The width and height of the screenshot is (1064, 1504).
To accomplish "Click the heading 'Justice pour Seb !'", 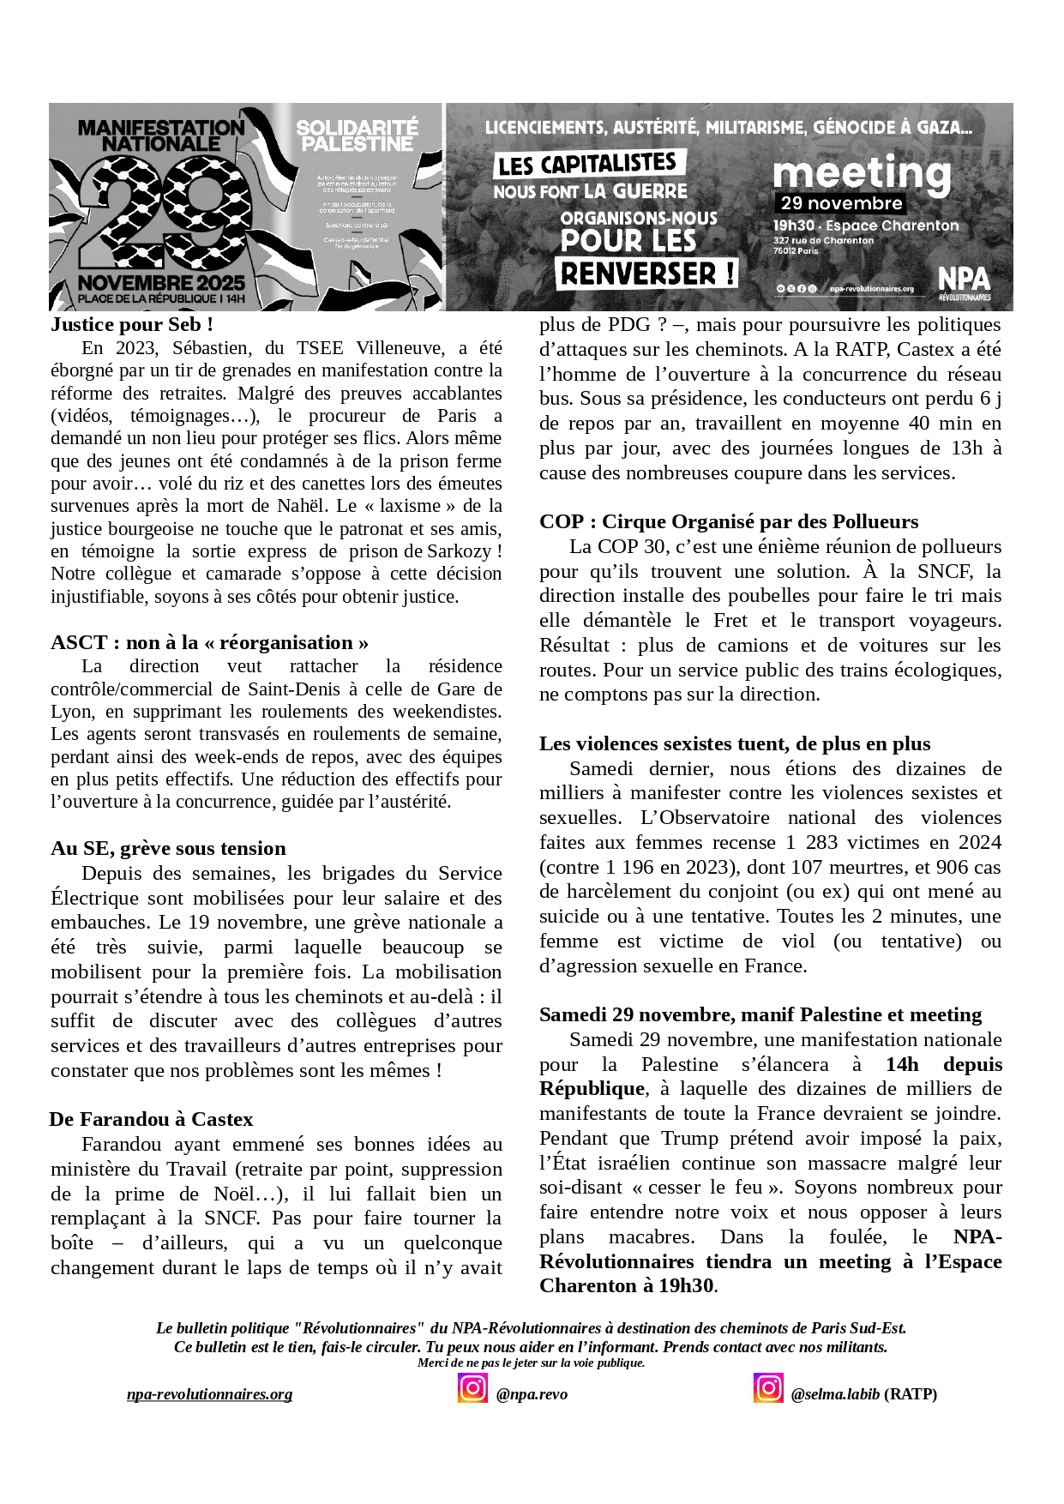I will [x=132, y=324].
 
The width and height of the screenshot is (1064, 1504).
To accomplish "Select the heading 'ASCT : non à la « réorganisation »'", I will [x=209, y=642].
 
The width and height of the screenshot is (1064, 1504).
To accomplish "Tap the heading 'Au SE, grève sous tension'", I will [x=168, y=848].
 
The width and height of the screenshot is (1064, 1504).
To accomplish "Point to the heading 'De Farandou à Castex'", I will [x=151, y=1119].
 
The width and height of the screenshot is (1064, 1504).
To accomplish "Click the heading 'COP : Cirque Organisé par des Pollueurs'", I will [x=728, y=521].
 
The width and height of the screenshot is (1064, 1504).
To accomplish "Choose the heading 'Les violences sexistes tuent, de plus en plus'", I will [x=734, y=743].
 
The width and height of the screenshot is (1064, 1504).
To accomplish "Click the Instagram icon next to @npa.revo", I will [x=472, y=1387].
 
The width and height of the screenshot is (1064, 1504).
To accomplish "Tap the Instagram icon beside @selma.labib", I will [x=768, y=1387].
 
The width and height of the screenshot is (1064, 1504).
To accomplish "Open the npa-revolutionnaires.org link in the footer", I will [x=209, y=1394].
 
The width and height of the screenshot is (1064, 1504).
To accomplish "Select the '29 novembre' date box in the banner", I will [x=841, y=203].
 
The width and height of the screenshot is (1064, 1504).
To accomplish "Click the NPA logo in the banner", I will [x=964, y=281].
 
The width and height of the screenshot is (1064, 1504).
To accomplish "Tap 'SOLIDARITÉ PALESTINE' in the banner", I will [x=357, y=135].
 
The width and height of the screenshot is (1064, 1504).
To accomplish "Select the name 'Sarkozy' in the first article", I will [x=459, y=551].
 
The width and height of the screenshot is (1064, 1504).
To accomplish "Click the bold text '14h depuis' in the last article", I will [x=943, y=1064].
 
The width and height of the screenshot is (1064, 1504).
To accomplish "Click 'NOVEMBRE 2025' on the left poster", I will [x=161, y=282].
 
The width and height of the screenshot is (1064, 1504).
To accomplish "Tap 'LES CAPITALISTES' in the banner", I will [x=588, y=164].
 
